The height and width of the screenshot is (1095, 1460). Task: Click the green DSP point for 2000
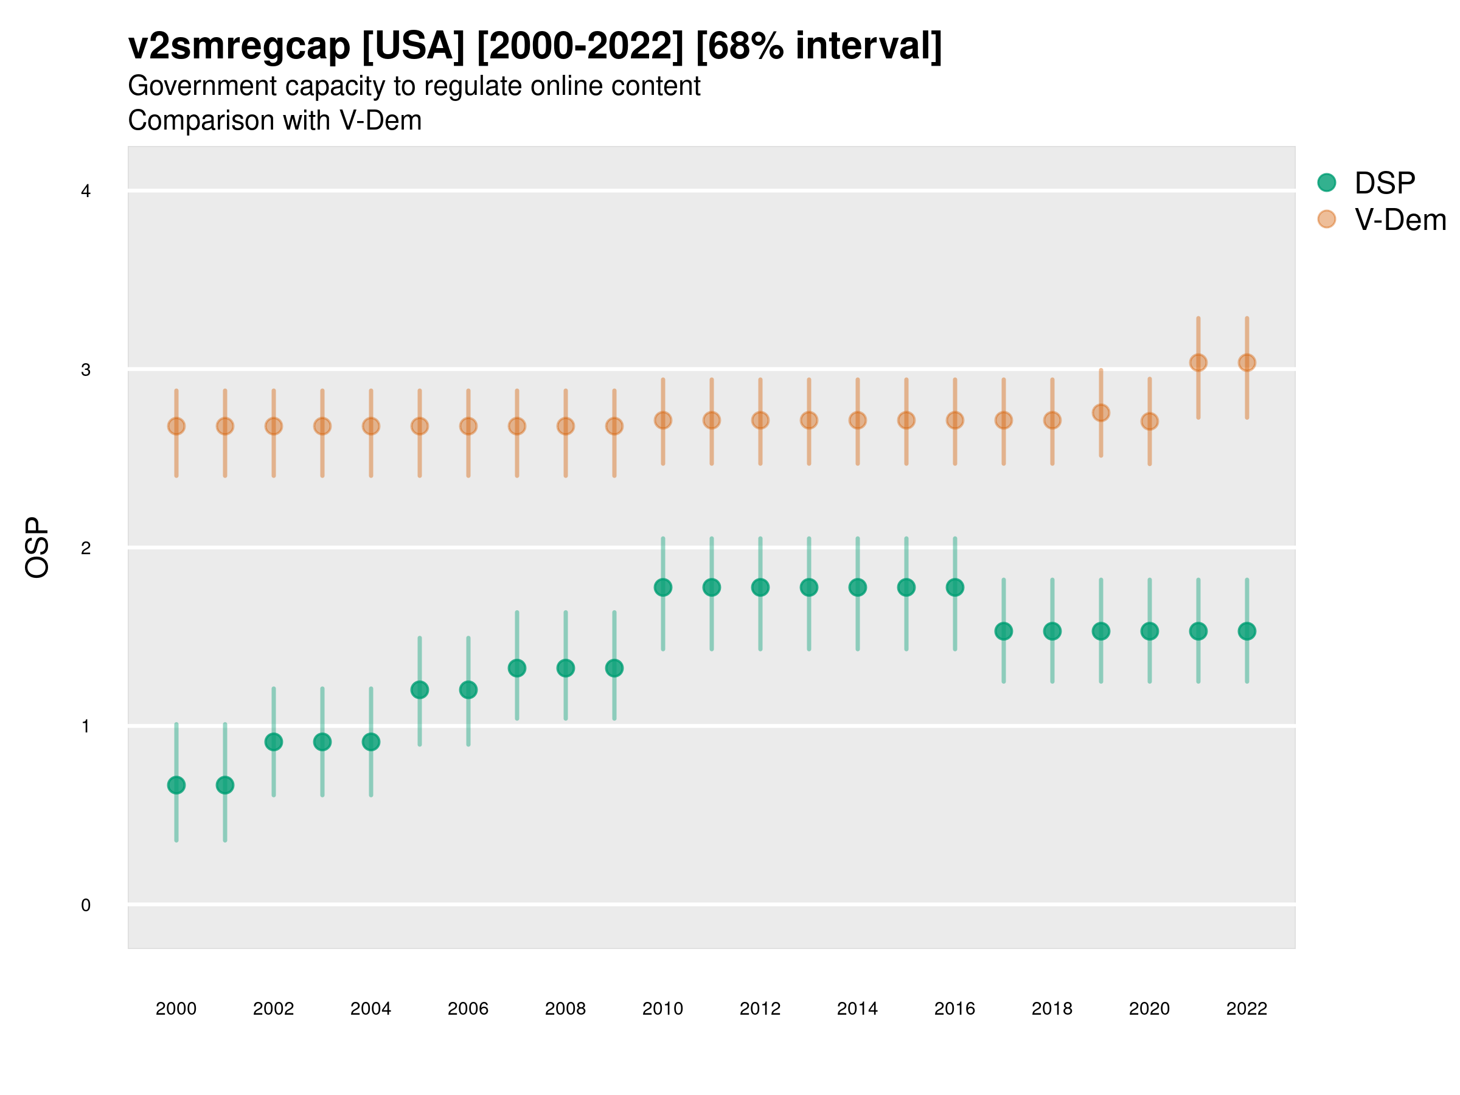176,785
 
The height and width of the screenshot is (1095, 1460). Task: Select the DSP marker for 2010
662,587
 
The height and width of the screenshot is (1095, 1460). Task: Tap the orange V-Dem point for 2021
1198,363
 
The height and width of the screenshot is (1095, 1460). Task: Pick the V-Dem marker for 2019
1101,412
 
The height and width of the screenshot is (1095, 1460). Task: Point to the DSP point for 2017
1003,631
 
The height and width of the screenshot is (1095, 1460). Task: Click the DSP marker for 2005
420,690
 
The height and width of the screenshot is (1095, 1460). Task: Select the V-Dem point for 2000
176,426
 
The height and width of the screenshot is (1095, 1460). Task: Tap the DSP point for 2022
1247,631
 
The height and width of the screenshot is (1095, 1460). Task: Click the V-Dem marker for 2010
662,420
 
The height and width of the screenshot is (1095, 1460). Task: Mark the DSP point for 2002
273,742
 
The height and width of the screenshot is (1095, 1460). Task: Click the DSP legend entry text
1385,183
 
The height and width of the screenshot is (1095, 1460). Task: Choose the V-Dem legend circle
1326,219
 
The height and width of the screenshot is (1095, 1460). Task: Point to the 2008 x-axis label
566,1009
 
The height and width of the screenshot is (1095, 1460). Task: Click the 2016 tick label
954,1009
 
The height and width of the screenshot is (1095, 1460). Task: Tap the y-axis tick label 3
86,370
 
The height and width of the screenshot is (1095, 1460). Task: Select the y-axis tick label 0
86,905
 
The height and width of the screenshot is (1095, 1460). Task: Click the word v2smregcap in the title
239,46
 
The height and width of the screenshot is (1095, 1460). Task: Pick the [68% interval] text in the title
818,46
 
